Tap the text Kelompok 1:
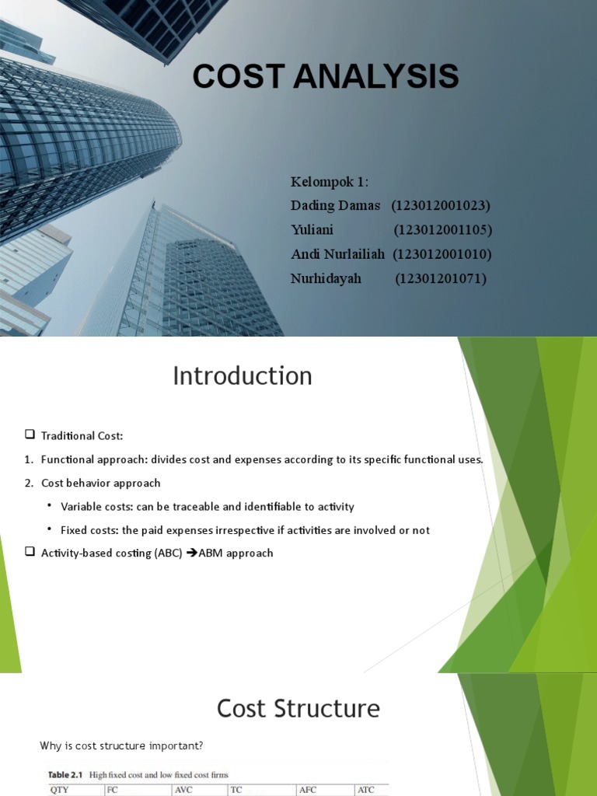330,182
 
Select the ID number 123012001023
441,206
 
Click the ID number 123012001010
442,254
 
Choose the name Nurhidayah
326,278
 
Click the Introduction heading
242,376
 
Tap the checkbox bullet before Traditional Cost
30,435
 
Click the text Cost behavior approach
100,483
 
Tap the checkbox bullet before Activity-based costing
30,553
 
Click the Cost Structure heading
298,709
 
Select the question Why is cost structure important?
121,746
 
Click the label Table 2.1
66,775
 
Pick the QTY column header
60,791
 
